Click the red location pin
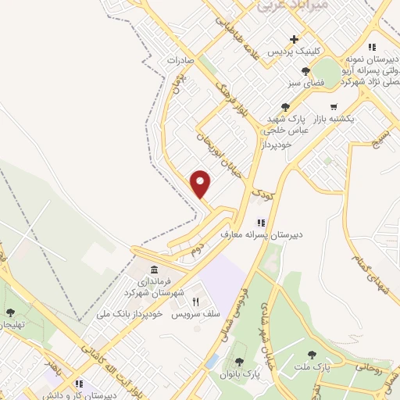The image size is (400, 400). (x=202, y=183)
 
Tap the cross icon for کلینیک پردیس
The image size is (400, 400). (x=294, y=39)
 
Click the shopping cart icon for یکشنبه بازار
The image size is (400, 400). (x=334, y=107)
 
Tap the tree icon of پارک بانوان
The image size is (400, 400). (x=239, y=362)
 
